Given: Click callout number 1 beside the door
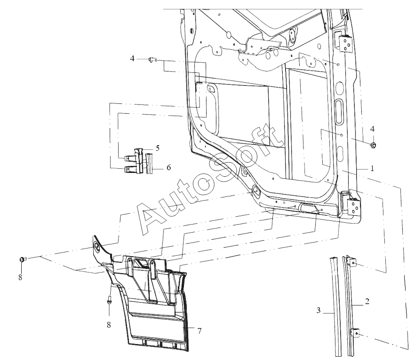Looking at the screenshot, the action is click(x=372, y=168).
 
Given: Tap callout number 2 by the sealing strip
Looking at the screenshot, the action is click(x=367, y=301).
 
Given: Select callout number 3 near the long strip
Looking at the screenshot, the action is click(x=319, y=310).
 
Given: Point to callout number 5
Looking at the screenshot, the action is click(x=158, y=148).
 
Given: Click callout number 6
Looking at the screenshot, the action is click(x=168, y=167).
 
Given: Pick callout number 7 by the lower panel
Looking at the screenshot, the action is click(x=200, y=331).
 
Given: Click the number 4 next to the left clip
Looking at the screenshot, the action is click(x=132, y=58).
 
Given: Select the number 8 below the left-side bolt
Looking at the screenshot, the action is click(x=20, y=278).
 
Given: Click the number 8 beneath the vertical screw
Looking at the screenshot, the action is click(x=109, y=325).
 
